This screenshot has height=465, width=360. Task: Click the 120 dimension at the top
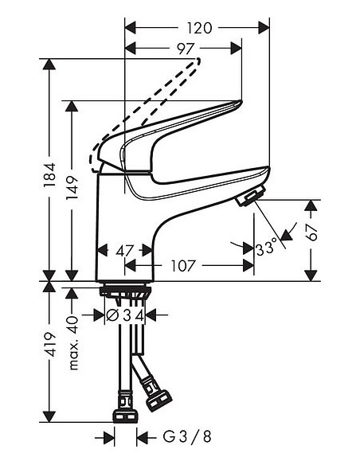[x=199, y=28]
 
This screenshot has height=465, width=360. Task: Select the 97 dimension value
[x=186, y=49]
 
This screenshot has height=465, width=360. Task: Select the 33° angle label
[x=268, y=248]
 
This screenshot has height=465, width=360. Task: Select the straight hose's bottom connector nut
[x=126, y=416]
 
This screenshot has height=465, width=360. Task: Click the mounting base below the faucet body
[x=125, y=291]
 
